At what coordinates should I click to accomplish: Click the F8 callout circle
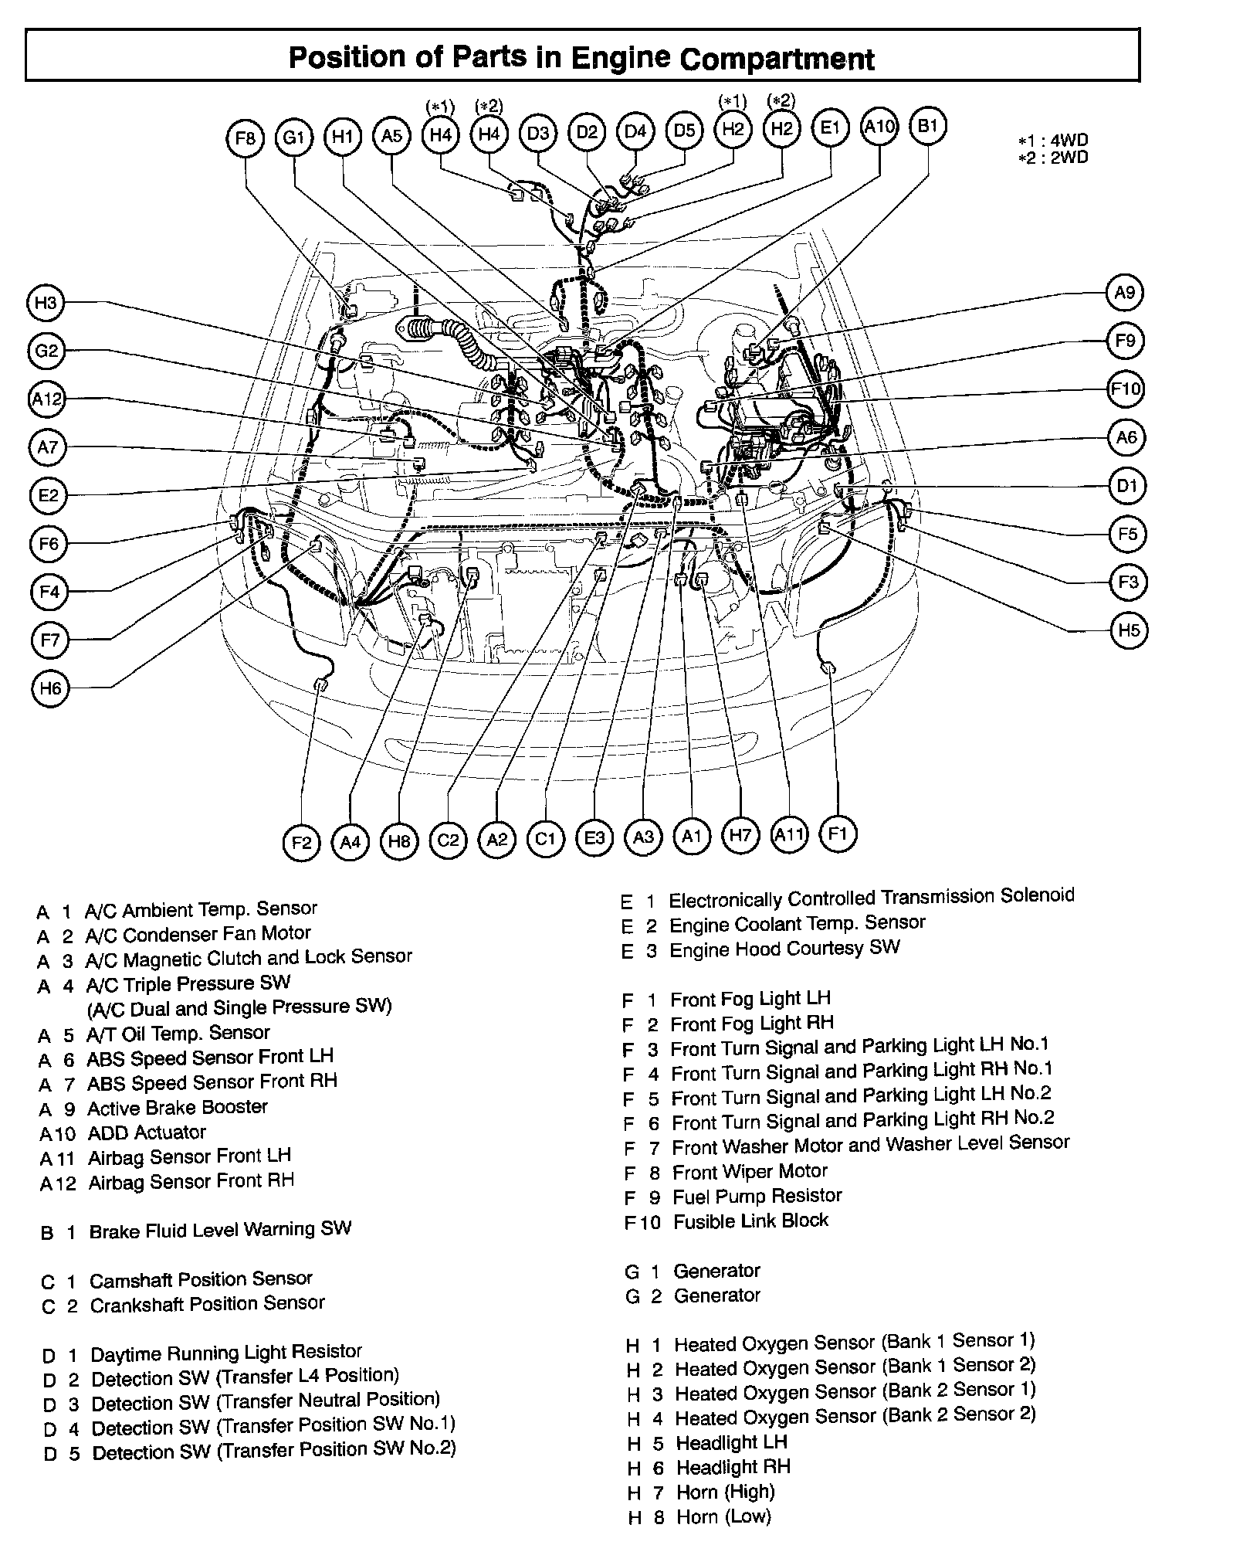[x=245, y=138]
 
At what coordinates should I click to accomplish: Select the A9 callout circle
[x=1125, y=293]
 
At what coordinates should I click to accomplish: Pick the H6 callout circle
[x=50, y=688]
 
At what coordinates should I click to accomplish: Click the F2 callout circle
[x=301, y=841]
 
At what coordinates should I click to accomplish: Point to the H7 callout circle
[x=740, y=835]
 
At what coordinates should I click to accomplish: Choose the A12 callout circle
[x=47, y=399]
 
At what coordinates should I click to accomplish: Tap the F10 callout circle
[x=1125, y=389]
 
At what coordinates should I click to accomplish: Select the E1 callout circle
[x=830, y=127]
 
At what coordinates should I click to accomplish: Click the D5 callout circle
[x=684, y=131]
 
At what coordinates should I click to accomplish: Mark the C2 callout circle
[x=448, y=840]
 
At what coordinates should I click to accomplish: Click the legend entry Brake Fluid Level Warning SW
[x=220, y=1231]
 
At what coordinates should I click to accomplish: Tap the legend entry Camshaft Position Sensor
[x=201, y=1280]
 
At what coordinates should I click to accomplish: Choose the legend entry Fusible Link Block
[x=750, y=1221]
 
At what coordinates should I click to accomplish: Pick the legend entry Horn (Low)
[x=723, y=1517]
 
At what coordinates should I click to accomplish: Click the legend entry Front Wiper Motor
[x=749, y=1172]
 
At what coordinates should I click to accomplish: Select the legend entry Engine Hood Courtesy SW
[x=784, y=949]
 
